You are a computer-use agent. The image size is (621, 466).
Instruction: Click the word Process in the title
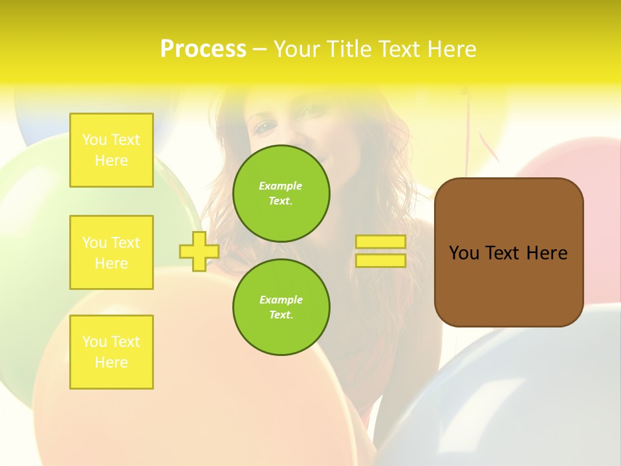coord(203,49)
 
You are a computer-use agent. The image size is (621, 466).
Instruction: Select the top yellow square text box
coord(111,150)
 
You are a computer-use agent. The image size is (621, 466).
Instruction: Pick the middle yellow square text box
coord(111,252)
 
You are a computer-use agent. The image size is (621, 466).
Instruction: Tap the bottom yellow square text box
coord(111,352)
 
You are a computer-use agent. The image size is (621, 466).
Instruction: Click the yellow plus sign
coord(199,251)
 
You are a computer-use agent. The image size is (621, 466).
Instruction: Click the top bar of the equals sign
coord(380,241)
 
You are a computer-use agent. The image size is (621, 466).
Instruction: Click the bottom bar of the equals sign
coord(380,261)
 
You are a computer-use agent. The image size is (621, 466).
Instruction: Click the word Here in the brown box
coord(547,253)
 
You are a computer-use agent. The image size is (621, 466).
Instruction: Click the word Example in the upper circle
coord(280,186)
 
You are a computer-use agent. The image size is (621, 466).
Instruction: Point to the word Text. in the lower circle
coord(281,315)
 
